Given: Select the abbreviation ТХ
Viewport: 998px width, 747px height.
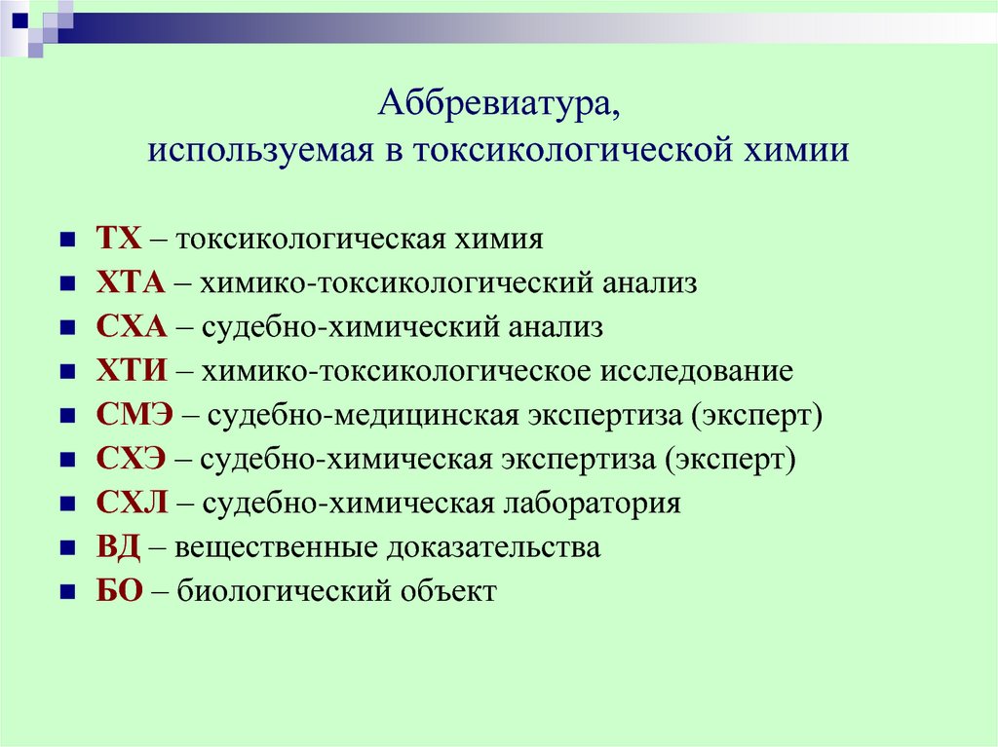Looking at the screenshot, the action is point(118,239).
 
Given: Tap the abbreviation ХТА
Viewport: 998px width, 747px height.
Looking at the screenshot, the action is point(131,282).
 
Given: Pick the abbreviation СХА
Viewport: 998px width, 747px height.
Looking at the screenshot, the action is point(132,327).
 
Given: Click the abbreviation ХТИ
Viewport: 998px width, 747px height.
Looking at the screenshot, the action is point(132,371).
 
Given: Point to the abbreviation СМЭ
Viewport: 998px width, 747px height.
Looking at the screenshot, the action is point(134,415).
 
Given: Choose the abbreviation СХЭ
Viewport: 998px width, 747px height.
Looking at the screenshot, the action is point(131,459).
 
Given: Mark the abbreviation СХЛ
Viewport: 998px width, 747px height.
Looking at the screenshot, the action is point(132,503).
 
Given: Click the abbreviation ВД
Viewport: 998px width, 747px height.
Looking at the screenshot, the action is point(118,547).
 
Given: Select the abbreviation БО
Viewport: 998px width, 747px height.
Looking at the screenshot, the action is point(119,590).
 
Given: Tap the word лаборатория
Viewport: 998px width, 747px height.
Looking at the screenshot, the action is point(592,504).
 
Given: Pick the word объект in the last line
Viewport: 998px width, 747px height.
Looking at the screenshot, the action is point(448,591).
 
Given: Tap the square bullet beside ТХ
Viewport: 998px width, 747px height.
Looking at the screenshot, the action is point(67,240).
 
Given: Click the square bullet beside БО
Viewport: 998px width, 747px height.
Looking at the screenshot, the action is point(67,592).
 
